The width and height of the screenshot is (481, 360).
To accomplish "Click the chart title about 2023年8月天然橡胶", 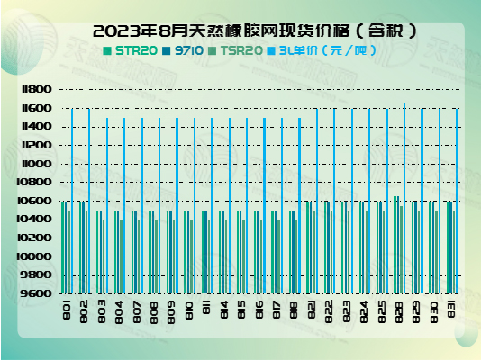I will (x=240, y=31).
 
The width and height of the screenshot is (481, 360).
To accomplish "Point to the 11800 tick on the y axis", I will (x=36, y=90).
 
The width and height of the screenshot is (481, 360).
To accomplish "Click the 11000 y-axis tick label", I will (x=36, y=164).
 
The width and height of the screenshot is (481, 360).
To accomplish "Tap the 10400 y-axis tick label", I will (x=36, y=220).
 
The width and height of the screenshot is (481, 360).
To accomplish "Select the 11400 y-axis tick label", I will (x=36, y=127).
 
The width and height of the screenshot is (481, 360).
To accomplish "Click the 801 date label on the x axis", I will (x=68, y=310).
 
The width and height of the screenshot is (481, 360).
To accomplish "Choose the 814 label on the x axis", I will (x=224, y=310).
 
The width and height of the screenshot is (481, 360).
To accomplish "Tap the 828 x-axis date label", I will (x=399, y=310).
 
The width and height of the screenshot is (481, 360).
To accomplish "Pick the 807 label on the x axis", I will (x=137, y=310).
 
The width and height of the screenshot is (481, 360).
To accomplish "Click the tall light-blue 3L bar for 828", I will (x=404, y=198).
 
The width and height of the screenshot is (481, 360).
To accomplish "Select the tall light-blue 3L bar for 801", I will (x=72, y=200).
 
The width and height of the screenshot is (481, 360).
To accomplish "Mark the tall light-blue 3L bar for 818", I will (x=299, y=205).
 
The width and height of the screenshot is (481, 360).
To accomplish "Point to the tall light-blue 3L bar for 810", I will (x=195, y=205).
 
